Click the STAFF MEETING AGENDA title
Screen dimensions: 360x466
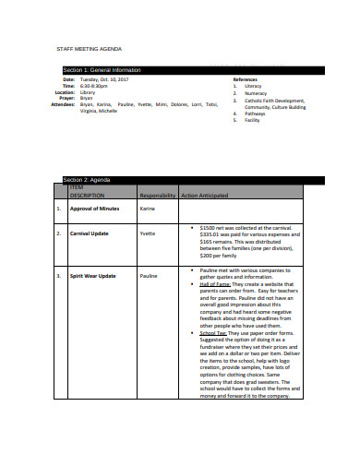89,48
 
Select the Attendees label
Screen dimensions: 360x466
45,104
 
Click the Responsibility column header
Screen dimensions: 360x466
156,196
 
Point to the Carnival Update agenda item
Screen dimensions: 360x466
90,233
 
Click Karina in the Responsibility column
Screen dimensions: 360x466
148,209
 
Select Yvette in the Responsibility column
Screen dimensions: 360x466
148,233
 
